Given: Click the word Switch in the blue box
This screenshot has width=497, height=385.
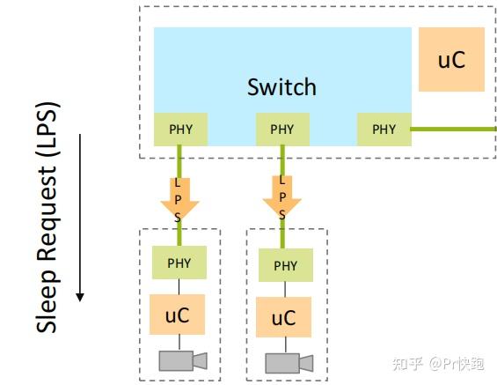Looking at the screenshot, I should click(x=281, y=86).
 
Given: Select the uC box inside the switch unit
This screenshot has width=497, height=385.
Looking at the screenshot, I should click(x=451, y=59).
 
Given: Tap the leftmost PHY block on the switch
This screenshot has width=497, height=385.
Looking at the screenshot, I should click(x=180, y=130).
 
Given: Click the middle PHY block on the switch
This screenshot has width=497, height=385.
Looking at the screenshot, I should click(x=281, y=130).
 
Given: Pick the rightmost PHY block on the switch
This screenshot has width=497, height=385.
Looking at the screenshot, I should click(x=384, y=130).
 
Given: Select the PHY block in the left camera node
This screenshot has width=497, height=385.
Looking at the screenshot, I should click(x=179, y=263).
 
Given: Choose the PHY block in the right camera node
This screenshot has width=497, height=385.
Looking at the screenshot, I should click(x=285, y=265).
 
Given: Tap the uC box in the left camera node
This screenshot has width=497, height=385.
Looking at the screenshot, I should click(x=179, y=315).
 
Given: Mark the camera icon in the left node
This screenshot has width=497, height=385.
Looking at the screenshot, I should click(x=182, y=359).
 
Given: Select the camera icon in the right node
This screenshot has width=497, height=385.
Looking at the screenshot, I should click(x=288, y=361).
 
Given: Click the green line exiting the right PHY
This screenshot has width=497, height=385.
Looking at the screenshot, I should click(x=453, y=129).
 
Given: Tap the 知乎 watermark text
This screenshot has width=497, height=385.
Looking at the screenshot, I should click(x=409, y=363).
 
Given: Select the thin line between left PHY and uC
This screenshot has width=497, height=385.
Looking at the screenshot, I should click(x=179, y=286).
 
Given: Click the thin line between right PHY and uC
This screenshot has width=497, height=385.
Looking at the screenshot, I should click(x=284, y=289).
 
